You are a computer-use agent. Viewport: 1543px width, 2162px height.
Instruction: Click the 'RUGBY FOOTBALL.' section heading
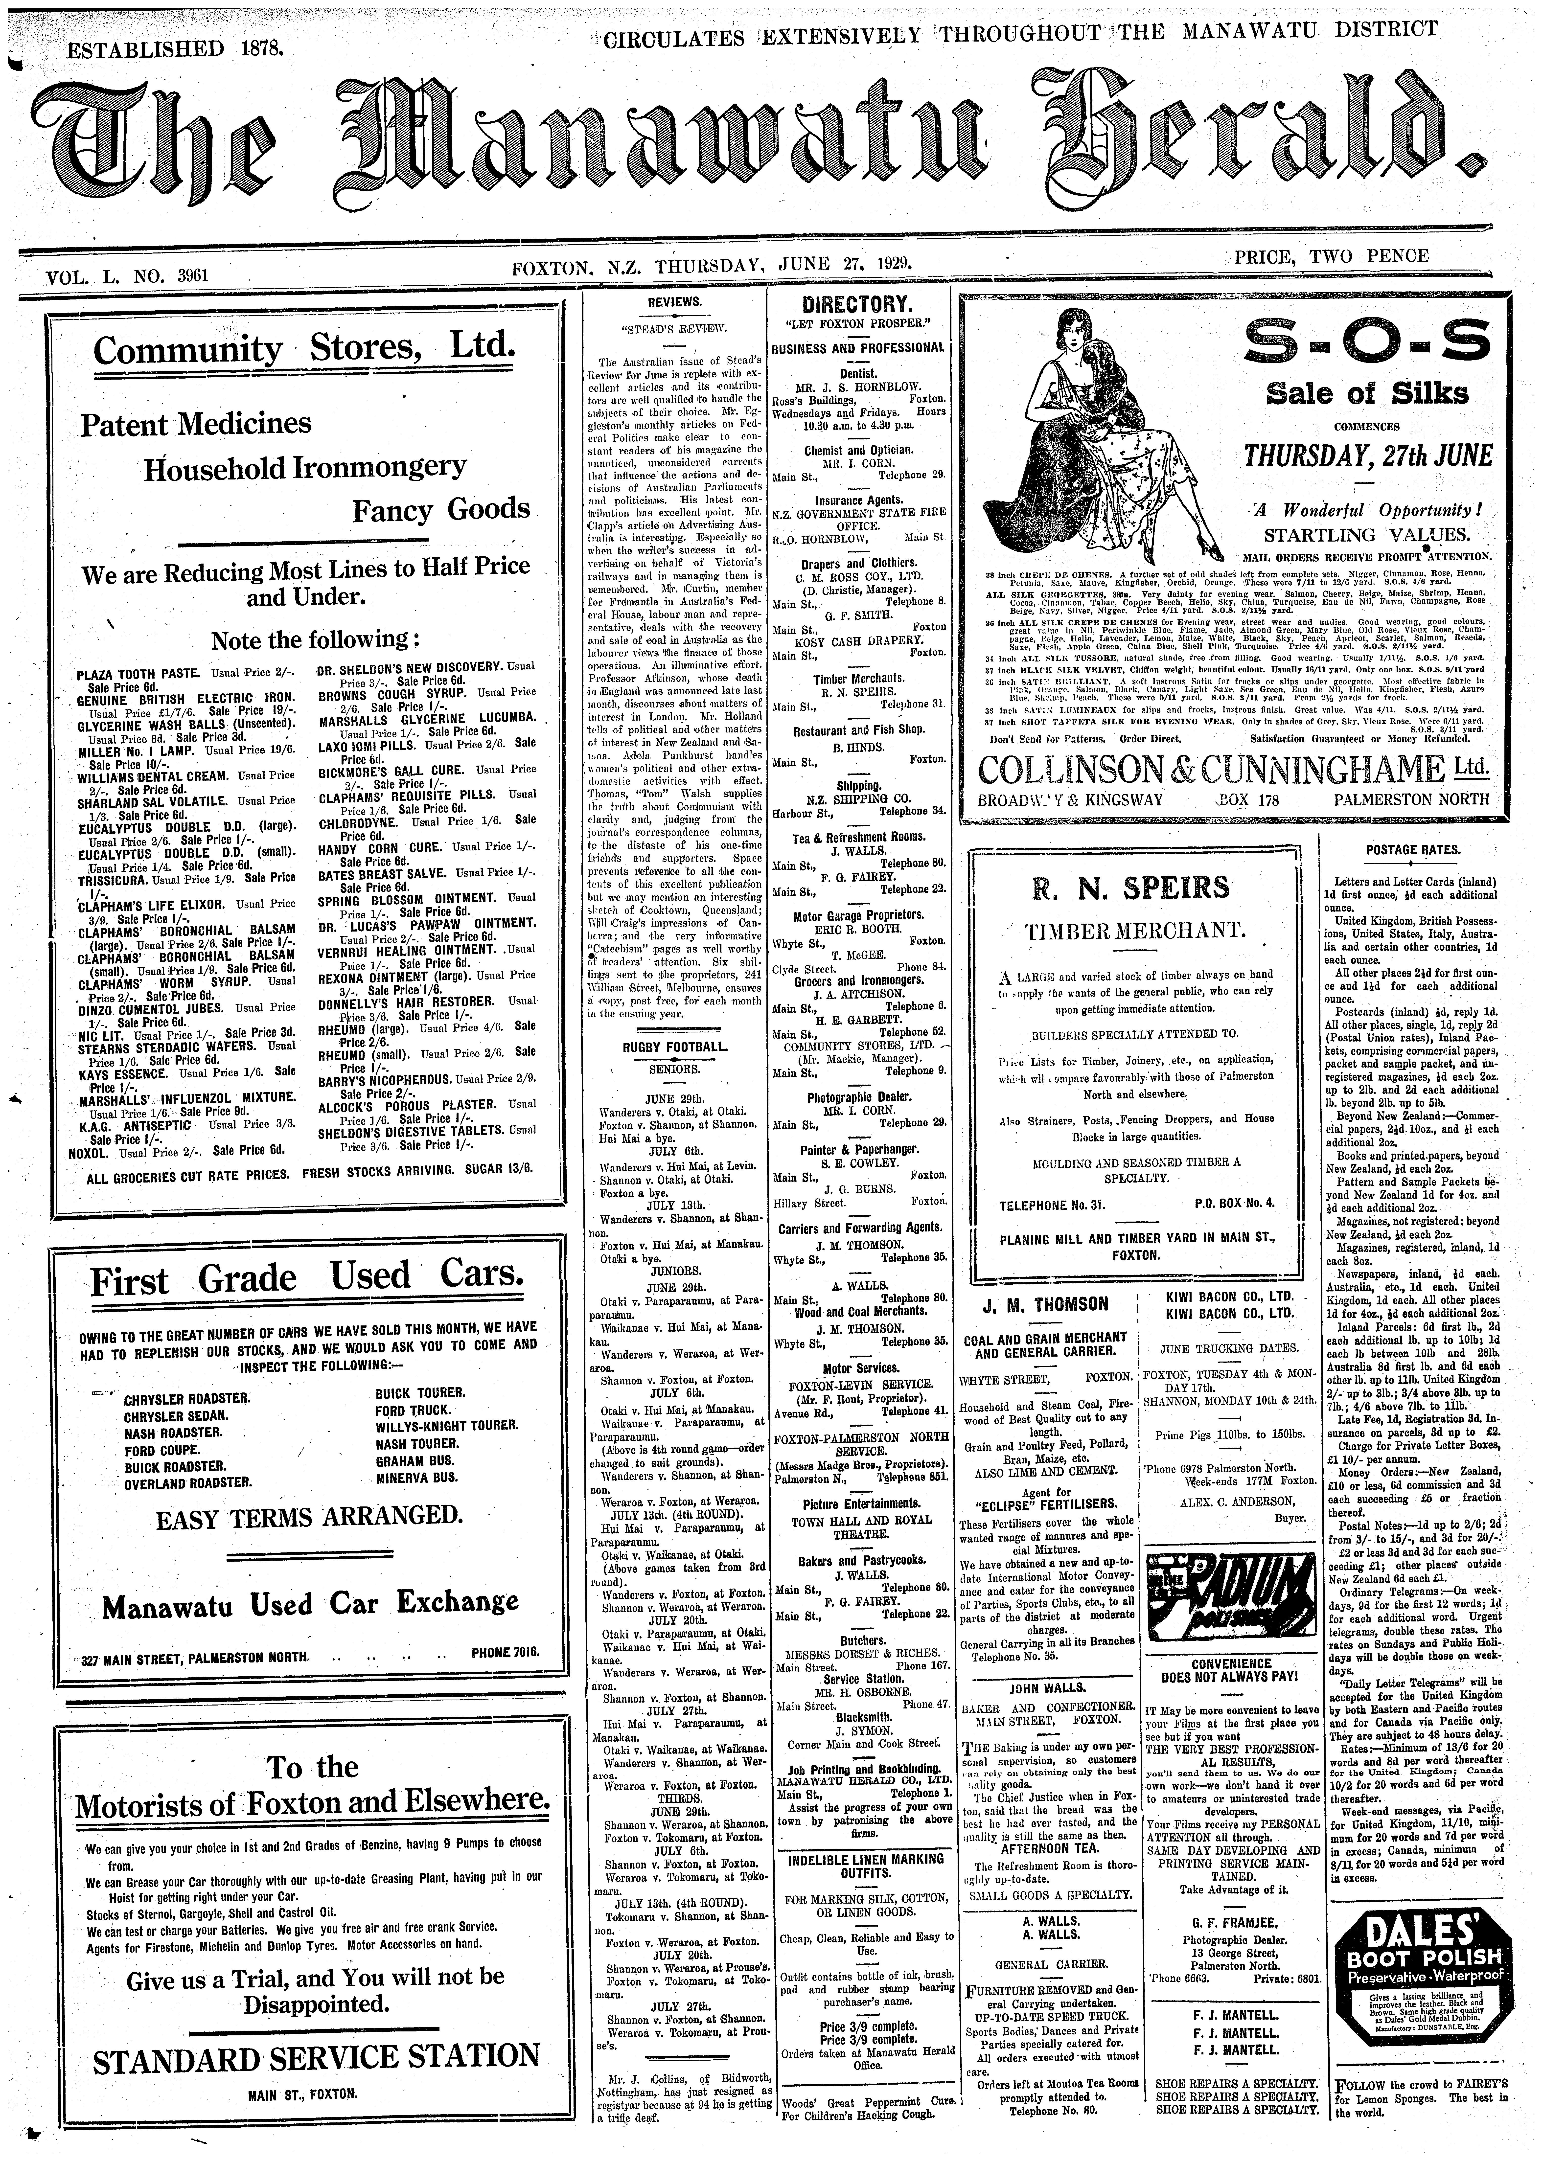pos(675,1047)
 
